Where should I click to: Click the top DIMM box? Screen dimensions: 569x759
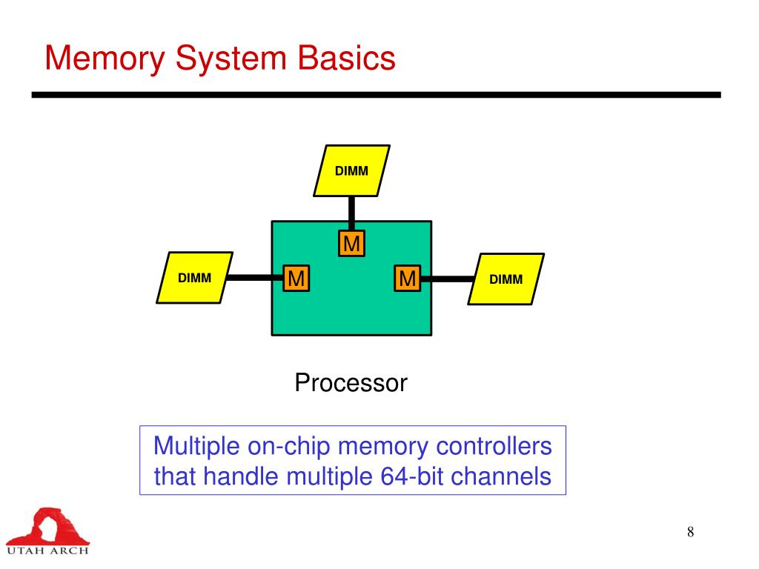coord(351,171)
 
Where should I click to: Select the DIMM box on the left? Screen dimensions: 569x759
coord(194,278)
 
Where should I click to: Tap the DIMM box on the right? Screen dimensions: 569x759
coord(506,279)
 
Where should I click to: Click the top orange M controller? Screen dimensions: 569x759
coord(352,244)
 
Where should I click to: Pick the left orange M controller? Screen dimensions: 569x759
coord(296,279)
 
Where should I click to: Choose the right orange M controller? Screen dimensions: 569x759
coord(407,279)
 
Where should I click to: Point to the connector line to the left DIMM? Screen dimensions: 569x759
coord(252,279)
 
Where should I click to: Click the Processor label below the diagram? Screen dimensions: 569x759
coord(351,383)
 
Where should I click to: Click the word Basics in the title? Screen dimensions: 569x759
coord(347,58)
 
